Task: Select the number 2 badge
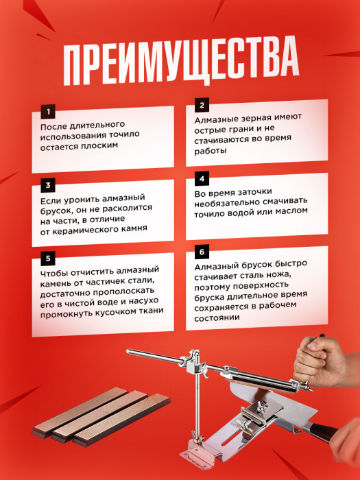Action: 202,105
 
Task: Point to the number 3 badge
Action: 47,185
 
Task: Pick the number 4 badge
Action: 202,180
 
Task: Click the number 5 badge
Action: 47,259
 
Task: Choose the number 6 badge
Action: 202,252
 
